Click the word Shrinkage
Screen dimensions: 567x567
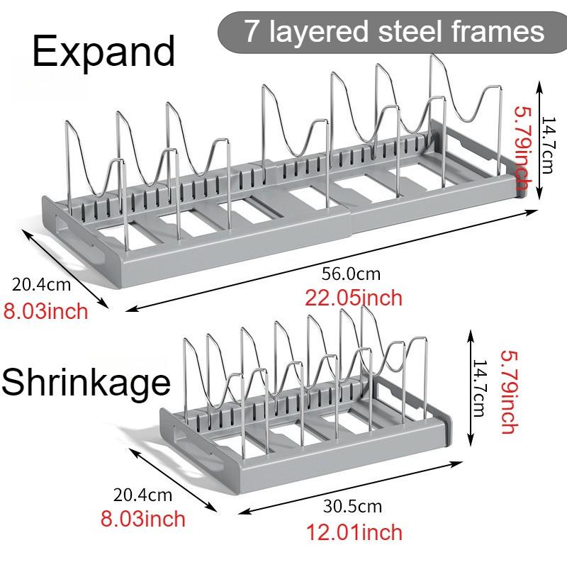click(x=86, y=383)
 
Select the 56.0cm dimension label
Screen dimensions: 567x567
click(x=351, y=274)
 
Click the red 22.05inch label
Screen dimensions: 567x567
click(x=354, y=298)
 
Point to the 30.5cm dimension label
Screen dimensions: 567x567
click(x=352, y=506)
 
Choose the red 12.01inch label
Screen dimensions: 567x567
click(x=354, y=532)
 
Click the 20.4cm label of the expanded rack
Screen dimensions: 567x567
click(x=41, y=284)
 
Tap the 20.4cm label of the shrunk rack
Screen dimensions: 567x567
click(x=142, y=495)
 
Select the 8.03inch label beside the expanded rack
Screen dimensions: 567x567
click(x=46, y=311)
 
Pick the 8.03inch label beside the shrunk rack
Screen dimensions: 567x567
click(x=143, y=519)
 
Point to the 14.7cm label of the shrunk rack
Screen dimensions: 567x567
click(x=480, y=388)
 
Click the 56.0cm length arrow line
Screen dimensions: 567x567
click(x=332, y=260)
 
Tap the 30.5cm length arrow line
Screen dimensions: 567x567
click(x=350, y=487)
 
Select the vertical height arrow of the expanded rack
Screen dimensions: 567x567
click(x=539, y=140)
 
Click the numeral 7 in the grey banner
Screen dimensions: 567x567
click(x=252, y=31)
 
